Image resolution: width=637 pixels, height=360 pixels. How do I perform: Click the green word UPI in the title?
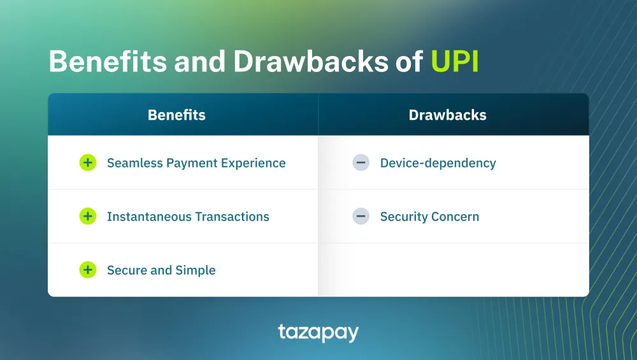tap(455, 62)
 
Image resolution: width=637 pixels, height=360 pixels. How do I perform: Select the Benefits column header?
tap(176, 115)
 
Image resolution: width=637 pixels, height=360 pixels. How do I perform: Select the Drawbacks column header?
tap(447, 115)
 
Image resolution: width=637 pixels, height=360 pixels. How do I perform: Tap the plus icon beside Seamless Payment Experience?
tap(87, 163)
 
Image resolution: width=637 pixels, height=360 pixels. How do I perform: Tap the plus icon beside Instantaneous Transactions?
tap(87, 217)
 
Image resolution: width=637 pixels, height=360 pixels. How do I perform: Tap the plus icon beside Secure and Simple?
tap(87, 270)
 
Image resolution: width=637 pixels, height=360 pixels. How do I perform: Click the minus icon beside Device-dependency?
tap(361, 163)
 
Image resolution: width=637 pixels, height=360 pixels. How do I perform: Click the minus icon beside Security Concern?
tap(361, 217)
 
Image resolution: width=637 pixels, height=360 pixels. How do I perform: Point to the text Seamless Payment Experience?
tap(196, 163)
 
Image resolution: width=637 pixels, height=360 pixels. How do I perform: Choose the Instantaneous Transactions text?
tap(188, 217)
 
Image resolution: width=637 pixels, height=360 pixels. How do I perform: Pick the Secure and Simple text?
tap(161, 270)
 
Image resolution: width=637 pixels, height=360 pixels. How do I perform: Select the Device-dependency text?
tap(438, 163)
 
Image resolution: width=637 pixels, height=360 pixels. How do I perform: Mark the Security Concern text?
tap(429, 217)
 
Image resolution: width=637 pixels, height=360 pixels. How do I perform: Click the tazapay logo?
tap(318, 333)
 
